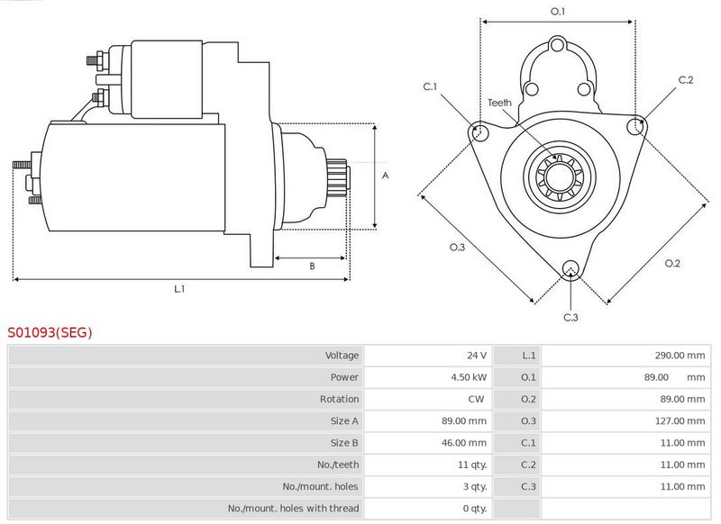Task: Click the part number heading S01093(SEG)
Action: [x=50, y=332]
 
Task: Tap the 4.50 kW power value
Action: [x=469, y=377]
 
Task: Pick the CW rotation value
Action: [x=476, y=399]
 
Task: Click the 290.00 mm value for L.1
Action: [x=680, y=355]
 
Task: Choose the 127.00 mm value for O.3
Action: [x=680, y=420]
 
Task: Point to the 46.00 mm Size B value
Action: [x=463, y=443]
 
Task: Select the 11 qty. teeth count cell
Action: [x=472, y=465]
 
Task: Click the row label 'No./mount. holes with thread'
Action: [x=294, y=509]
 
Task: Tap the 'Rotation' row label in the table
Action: [x=340, y=399]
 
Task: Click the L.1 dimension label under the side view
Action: [x=179, y=289]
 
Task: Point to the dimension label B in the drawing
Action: [x=312, y=266]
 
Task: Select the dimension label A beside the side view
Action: [x=386, y=176]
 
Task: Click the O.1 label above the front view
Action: [x=558, y=12]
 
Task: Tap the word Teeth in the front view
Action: [x=499, y=103]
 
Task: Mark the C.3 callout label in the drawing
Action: [x=570, y=317]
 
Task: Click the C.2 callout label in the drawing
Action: [x=686, y=80]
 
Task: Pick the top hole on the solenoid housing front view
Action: [x=557, y=45]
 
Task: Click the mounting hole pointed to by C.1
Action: [x=479, y=131]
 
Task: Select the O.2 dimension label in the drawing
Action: [x=672, y=263]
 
